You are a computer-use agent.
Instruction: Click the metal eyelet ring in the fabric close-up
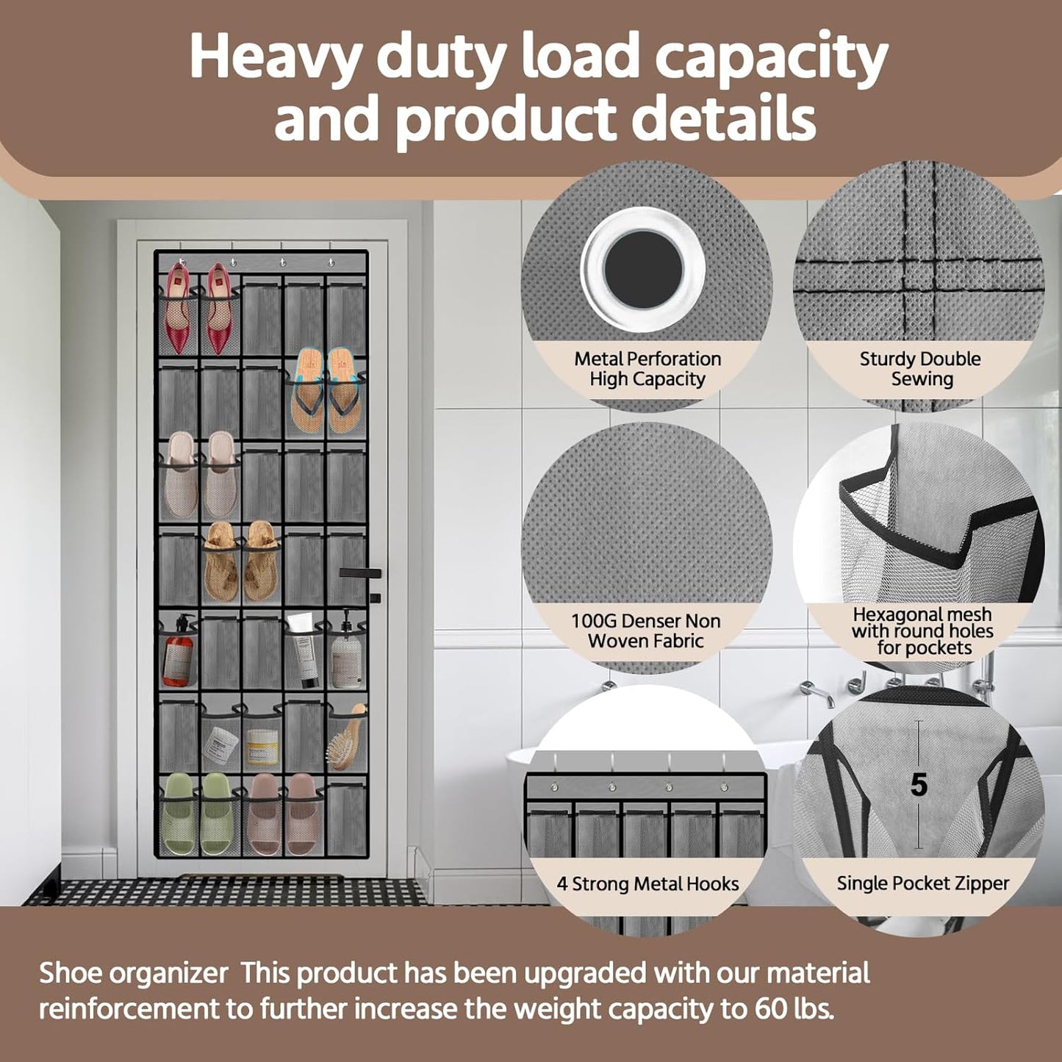643,268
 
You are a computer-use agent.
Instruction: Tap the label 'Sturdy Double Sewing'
920,369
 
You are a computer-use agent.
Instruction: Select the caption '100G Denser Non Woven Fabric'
646,631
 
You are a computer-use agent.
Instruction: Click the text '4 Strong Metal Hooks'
647,884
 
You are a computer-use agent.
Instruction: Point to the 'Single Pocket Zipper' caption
922,883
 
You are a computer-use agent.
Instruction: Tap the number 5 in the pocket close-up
919,786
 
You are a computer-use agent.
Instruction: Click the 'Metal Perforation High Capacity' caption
647,369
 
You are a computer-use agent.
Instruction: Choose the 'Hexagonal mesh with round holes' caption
922,631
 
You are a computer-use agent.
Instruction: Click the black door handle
360,573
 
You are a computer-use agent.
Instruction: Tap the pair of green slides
199,814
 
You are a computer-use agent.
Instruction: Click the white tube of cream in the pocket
302,647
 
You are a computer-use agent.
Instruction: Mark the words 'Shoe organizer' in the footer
133,973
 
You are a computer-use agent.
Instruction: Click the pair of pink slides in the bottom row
282,814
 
